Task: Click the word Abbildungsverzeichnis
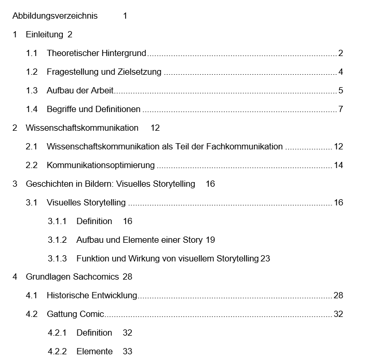[x=55, y=16]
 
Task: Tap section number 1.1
[x=32, y=53]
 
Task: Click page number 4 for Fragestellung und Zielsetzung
[x=341, y=72]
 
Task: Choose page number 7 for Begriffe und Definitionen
[x=341, y=109]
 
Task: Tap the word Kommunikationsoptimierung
[x=101, y=165]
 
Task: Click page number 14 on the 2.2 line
[x=338, y=165]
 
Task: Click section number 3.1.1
[x=57, y=221]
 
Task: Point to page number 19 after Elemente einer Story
[x=210, y=240]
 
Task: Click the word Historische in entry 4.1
[x=67, y=296]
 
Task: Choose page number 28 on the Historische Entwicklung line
[x=338, y=296]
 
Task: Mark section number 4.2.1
[x=57, y=333]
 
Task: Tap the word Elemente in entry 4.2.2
[x=94, y=351]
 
